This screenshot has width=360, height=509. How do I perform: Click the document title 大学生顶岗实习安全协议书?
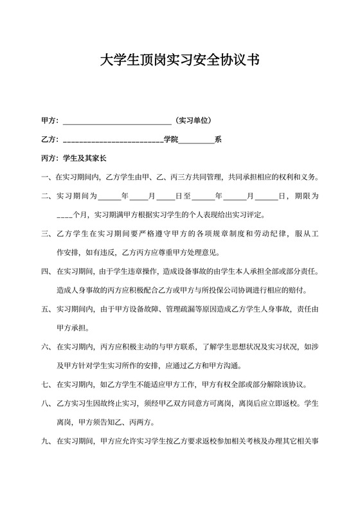click(180, 60)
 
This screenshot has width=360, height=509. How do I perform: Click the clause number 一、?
click(47, 177)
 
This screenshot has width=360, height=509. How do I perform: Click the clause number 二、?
click(47, 195)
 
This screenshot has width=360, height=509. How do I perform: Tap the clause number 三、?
click(47, 233)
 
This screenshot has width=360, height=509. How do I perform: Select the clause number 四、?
click(47, 271)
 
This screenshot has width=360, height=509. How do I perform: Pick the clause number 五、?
click(47, 309)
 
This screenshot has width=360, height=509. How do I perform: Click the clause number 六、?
click(47, 347)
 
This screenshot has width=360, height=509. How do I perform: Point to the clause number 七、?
click(47, 385)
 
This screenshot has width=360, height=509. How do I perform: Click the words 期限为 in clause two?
click(307, 195)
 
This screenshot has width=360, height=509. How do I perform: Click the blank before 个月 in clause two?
click(64, 215)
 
